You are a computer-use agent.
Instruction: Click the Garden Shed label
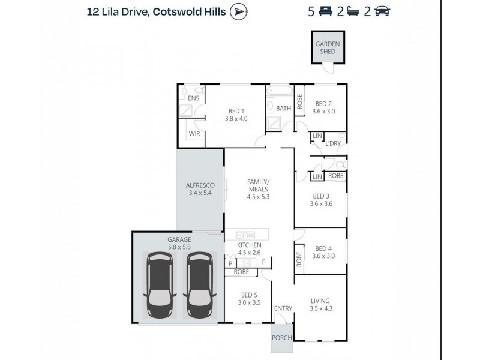(x=328, y=47)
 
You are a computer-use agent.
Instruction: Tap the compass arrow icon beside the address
(x=239, y=11)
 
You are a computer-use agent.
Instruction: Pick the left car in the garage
(x=161, y=286)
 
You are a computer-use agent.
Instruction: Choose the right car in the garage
(x=198, y=286)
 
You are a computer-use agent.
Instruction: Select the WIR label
(x=194, y=134)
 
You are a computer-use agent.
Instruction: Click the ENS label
(x=193, y=98)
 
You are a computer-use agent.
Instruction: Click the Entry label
(x=283, y=308)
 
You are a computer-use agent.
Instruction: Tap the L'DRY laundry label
(x=333, y=144)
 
